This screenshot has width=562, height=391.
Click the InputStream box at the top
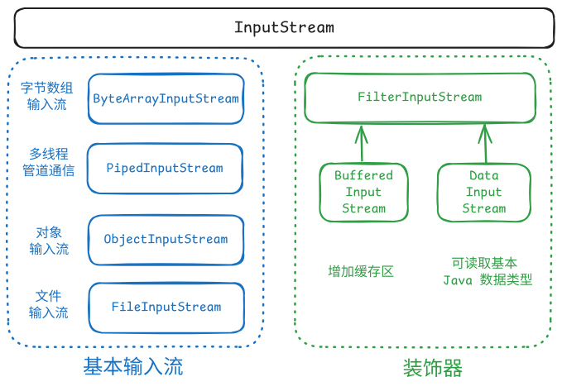point(284,27)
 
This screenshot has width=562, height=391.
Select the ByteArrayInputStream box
point(166,99)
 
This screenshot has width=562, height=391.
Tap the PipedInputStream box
point(165,169)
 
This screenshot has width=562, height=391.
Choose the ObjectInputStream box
point(166,239)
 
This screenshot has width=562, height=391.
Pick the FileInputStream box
point(166,307)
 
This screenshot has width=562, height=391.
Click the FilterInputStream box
point(419,97)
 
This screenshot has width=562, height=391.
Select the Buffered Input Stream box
point(363,192)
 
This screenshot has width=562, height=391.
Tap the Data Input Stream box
point(483,192)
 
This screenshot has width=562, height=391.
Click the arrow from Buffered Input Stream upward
point(361,142)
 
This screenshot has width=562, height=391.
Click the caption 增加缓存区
point(360,270)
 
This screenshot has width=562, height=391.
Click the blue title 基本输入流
point(133,365)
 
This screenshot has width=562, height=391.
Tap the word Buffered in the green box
point(363,175)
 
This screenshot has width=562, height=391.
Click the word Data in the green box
point(483,175)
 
